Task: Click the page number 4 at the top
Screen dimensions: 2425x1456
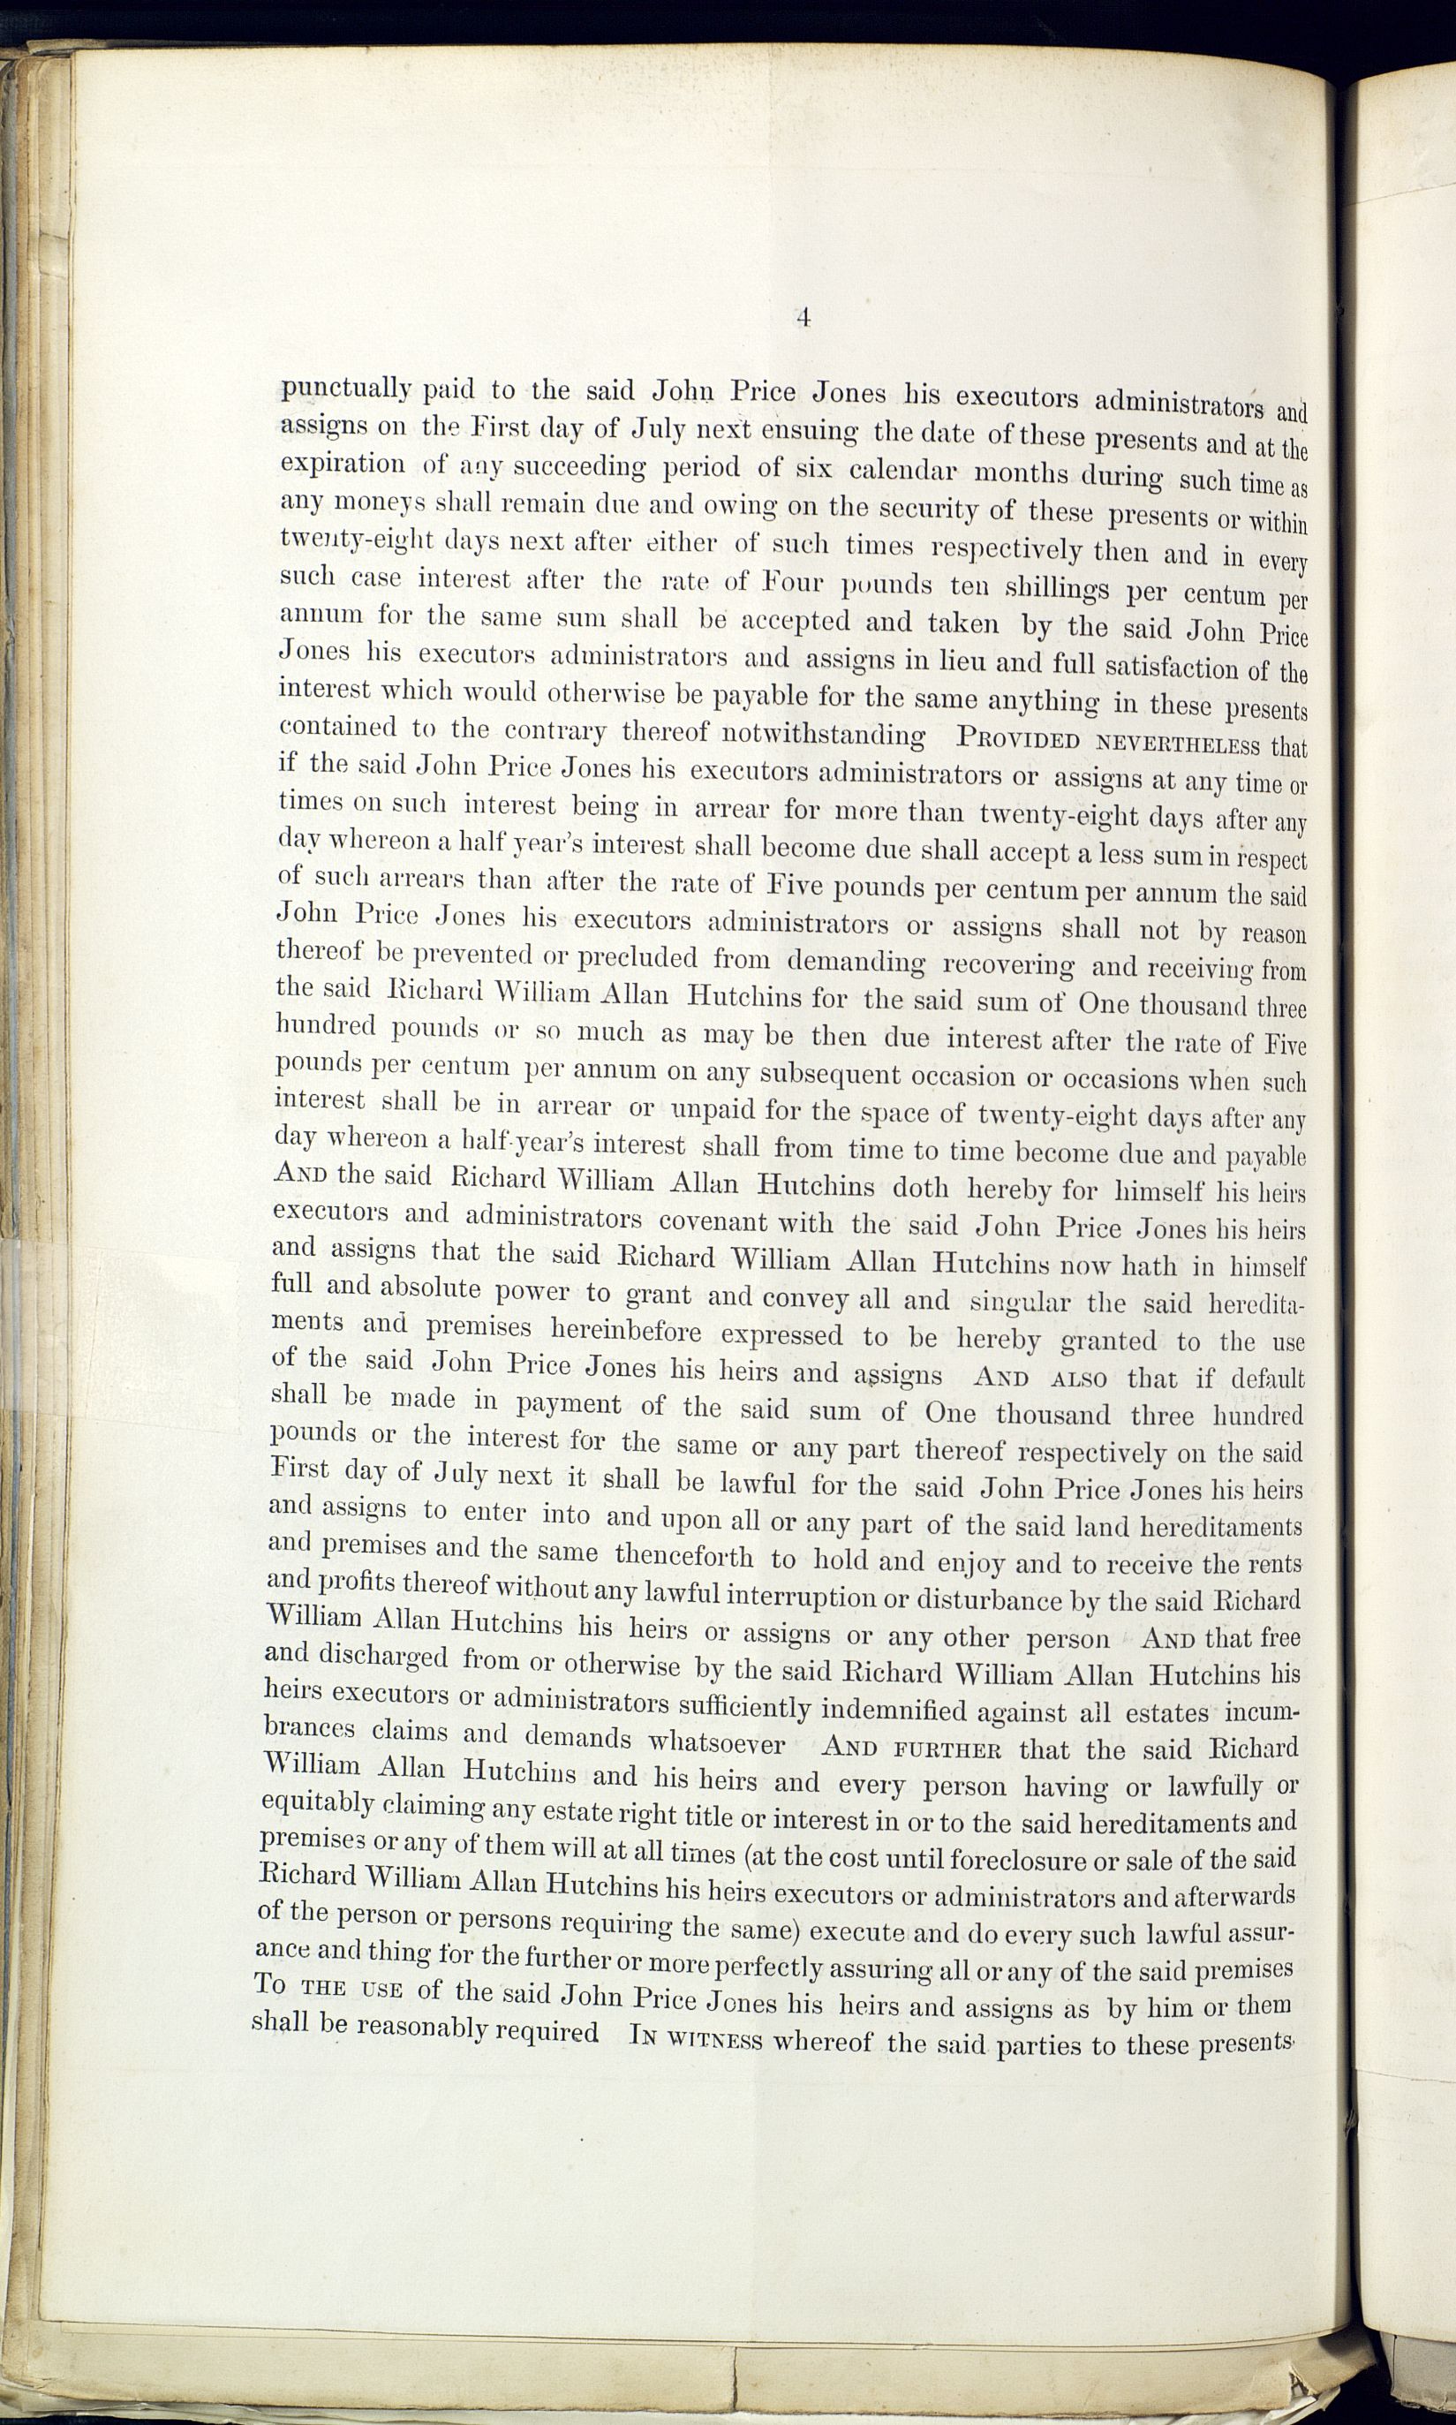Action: tap(803, 317)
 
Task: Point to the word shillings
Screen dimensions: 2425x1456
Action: tap(1058, 590)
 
